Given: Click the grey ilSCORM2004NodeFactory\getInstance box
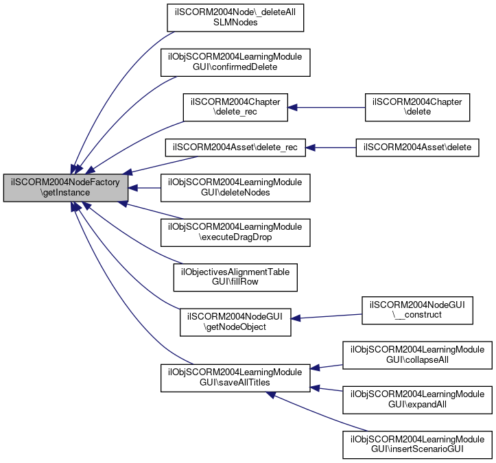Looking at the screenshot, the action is (65, 187).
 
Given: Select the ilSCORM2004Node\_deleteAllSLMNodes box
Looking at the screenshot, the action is (235, 18).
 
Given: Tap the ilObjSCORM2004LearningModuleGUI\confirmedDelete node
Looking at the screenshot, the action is (235, 62).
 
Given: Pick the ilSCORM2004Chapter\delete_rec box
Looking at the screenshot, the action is (235, 107).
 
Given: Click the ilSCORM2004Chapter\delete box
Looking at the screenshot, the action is (417, 107).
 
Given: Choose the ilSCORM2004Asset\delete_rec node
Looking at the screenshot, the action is (235, 147).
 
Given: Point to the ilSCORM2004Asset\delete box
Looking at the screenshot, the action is (417, 147).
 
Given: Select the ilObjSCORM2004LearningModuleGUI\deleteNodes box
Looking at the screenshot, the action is (235, 188).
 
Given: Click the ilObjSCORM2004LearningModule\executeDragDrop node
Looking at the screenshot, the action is (235, 233).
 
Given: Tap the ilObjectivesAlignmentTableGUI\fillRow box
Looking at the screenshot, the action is (235, 277).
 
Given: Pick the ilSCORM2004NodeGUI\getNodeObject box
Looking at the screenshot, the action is (235, 322).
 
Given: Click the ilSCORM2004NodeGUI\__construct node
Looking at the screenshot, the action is (417, 310).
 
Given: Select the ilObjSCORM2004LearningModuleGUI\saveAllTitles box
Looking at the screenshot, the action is (235, 378).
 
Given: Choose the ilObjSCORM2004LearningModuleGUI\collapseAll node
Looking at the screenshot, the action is (417, 355).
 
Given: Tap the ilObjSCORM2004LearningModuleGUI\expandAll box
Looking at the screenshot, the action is (417, 400).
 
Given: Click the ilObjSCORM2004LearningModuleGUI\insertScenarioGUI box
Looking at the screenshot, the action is (417, 444).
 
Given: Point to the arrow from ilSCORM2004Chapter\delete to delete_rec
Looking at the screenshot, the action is (327, 107).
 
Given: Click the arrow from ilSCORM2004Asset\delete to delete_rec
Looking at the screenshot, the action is (331, 147).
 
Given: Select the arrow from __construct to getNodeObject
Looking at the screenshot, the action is (327, 316).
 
